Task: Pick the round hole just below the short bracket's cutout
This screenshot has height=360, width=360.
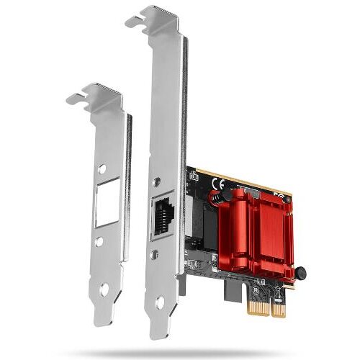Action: click(x=99, y=243)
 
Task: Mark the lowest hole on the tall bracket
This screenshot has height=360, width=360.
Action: click(x=159, y=302)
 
